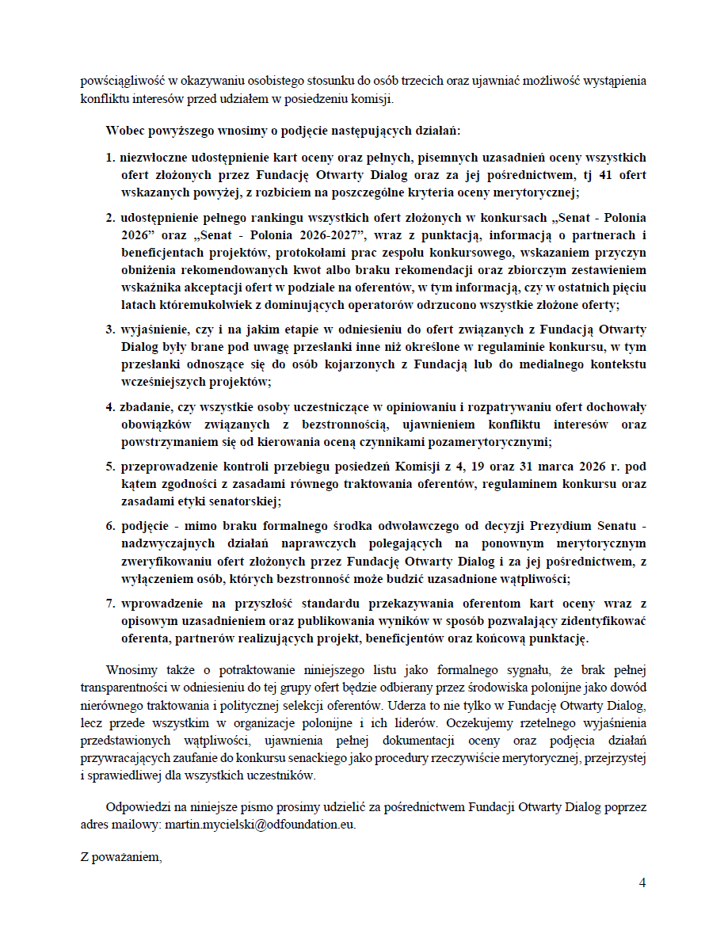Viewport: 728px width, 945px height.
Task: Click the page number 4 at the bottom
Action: click(642, 883)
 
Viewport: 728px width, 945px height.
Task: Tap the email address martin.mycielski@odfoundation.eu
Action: click(259, 824)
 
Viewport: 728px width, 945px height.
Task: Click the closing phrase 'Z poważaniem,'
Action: click(120, 855)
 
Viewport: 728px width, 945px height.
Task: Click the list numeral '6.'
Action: click(112, 526)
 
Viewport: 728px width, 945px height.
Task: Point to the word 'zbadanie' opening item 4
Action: click(145, 407)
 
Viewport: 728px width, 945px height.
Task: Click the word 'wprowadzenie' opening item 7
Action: click(158, 603)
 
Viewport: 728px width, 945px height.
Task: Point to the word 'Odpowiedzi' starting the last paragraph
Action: click(137, 807)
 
